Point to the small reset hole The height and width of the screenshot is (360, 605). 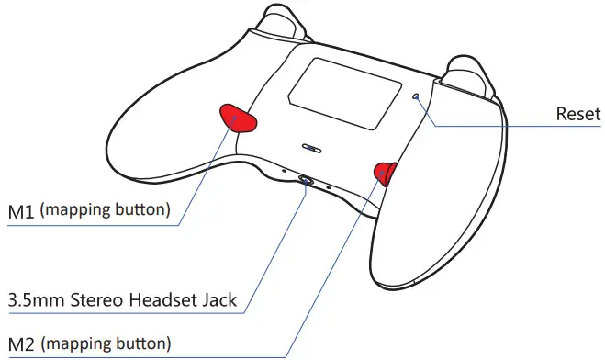tap(417, 95)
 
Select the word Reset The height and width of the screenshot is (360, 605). tap(578, 115)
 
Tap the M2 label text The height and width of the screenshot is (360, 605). tap(21, 344)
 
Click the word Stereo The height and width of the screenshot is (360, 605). tap(95, 299)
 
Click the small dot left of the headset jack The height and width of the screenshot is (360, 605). tap(284, 170)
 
